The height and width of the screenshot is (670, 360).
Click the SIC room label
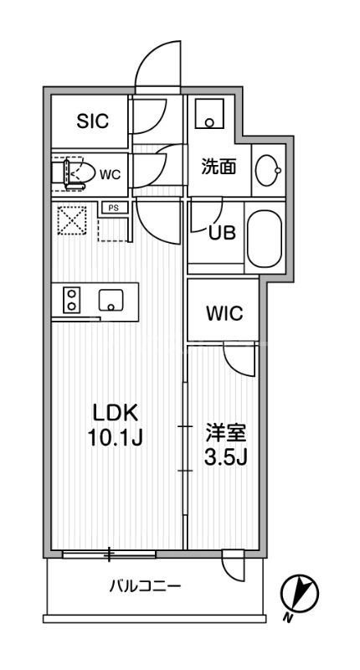[93, 121]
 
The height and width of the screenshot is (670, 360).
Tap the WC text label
[111, 174]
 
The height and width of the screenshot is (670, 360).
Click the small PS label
[112, 207]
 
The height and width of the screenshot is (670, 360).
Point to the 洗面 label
[218, 166]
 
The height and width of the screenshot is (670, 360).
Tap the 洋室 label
[226, 434]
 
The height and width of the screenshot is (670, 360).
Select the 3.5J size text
[226, 457]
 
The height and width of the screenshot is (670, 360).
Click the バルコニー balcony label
[145, 585]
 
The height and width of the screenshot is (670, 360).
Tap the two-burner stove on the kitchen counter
[71, 301]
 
